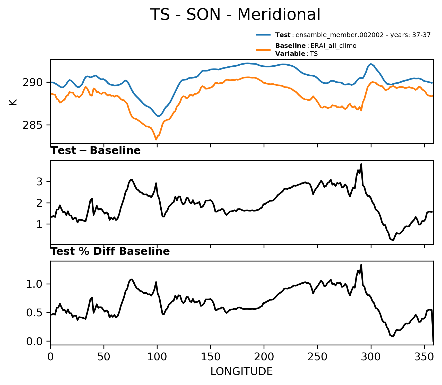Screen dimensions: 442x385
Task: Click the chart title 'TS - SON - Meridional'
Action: [x=235, y=14]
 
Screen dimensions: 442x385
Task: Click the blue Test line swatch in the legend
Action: [x=263, y=35]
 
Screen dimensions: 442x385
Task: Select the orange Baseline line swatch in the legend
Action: [x=263, y=50]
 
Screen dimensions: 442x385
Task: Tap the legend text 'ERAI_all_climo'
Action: [x=333, y=46]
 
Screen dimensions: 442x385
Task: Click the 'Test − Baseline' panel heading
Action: [x=96, y=151]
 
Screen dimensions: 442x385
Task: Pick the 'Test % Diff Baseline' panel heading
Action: [x=110, y=251]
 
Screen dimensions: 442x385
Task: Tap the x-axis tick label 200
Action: [x=264, y=357]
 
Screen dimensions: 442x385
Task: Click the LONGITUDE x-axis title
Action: [x=242, y=372]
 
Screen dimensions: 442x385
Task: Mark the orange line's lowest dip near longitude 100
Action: [x=156, y=139]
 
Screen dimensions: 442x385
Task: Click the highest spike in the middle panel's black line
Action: [x=361, y=164]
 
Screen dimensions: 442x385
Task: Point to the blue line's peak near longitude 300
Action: [x=371, y=64]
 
